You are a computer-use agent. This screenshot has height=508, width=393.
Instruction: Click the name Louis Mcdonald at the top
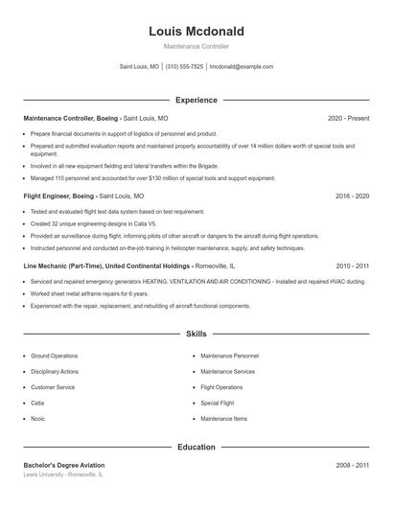click(x=196, y=32)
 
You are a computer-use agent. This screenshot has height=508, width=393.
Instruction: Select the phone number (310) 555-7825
click(x=184, y=67)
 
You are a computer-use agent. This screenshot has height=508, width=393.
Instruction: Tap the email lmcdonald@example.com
click(x=242, y=67)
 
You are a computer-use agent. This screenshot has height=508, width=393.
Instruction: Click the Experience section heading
click(x=196, y=100)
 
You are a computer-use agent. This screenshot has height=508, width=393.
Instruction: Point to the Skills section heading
click(x=196, y=334)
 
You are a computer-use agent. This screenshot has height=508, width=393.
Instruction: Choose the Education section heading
click(x=196, y=447)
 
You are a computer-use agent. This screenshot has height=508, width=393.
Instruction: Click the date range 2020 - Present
click(x=348, y=118)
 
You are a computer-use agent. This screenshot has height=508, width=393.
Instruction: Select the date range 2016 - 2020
click(x=352, y=196)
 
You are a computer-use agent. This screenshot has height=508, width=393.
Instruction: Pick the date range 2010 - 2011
click(x=352, y=266)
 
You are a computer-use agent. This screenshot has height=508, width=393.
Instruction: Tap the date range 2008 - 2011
click(x=352, y=465)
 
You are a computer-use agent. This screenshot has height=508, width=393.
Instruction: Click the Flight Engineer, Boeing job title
click(x=59, y=196)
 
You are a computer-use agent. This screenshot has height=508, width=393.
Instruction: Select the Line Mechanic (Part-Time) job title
click(x=65, y=266)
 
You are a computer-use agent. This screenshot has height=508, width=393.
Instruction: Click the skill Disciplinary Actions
click(x=55, y=371)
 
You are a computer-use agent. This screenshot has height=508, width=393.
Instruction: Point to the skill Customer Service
click(x=53, y=387)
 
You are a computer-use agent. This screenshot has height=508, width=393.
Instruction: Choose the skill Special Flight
click(x=217, y=403)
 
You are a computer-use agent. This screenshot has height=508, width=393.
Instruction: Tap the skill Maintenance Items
click(x=224, y=418)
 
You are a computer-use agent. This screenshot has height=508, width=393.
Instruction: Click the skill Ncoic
click(x=39, y=418)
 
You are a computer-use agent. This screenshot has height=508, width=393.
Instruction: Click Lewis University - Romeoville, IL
click(x=63, y=474)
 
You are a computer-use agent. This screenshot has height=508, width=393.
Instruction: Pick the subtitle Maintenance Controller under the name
click(x=196, y=46)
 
